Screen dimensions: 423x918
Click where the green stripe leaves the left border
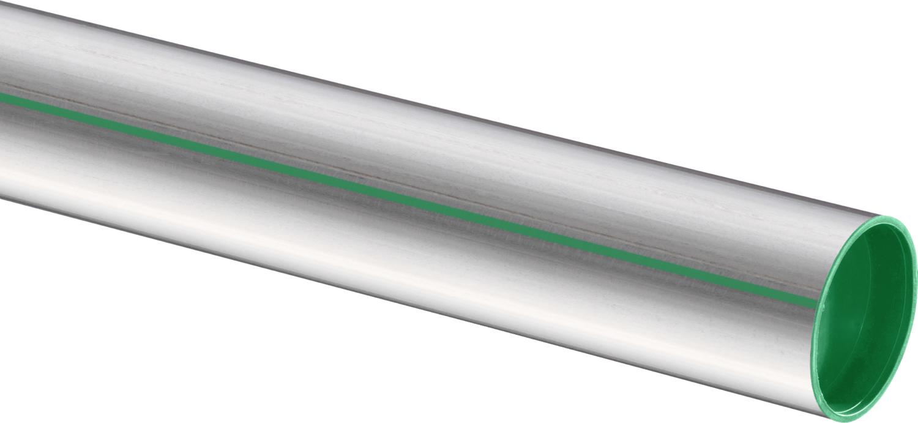(x=2, y=96)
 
